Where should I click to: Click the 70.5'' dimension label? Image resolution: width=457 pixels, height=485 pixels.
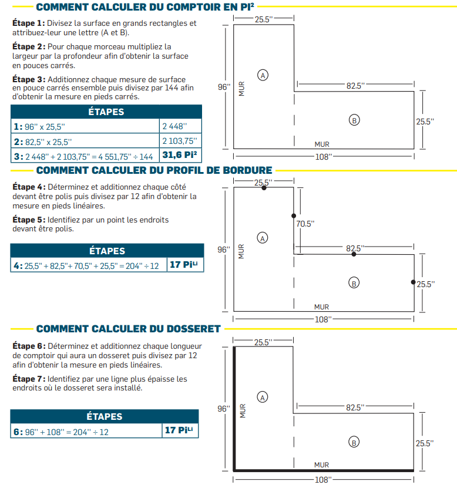tap(305, 224)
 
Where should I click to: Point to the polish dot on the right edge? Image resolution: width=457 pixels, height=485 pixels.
tap(413, 282)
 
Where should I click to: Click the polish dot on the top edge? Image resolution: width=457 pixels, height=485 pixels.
tap(264, 188)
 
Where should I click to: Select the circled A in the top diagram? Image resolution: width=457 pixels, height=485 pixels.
tap(263, 75)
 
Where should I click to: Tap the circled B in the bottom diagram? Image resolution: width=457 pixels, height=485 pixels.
tap(354, 443)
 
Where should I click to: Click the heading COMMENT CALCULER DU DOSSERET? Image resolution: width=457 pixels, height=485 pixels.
tap(128, 329)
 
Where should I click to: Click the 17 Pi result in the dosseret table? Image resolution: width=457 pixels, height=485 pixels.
tap(179, 430)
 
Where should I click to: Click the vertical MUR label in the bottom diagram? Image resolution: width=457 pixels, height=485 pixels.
tap(241, 409)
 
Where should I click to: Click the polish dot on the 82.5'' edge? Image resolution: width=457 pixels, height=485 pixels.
tap(354, 254)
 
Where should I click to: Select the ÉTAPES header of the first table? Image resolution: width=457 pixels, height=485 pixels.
tap(106, 112)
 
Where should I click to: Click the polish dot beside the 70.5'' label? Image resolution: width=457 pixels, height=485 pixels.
tap(294, 216)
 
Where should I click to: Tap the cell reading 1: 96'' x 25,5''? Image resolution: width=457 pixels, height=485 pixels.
tap(85, 126)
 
